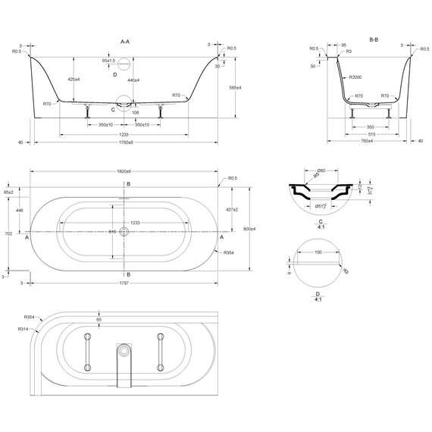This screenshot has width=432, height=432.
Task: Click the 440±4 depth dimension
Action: click(x=134, y=80)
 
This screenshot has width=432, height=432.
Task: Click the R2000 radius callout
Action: click(x=355, y=77)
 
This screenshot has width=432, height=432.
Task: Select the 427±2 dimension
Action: click(x=231, y=208)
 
